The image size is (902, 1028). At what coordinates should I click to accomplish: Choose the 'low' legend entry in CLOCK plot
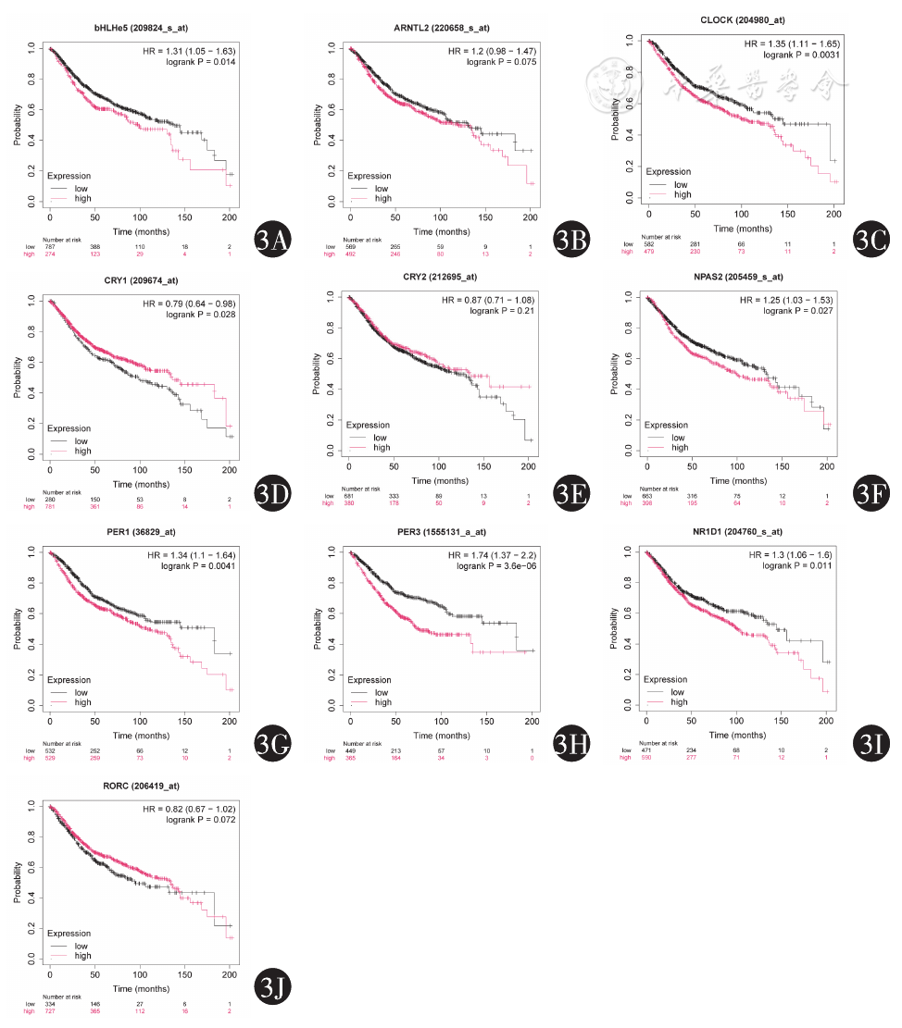[681, 185]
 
